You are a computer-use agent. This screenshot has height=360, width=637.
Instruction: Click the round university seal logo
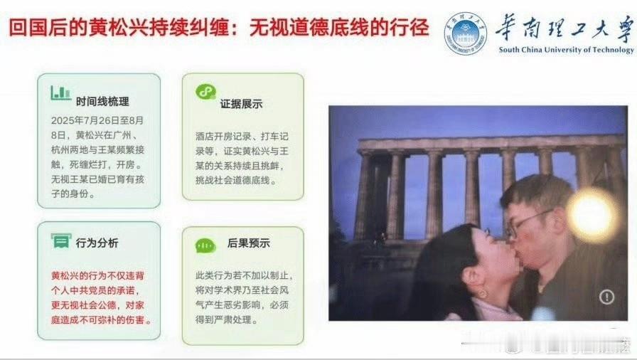tap(466, 33)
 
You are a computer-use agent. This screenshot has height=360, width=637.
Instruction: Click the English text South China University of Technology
tap(567, 50)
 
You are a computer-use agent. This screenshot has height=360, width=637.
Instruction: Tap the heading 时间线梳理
tap(102, 102)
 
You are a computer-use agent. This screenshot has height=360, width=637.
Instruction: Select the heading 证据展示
tap(241, 104)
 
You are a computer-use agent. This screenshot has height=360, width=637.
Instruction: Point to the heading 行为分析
tap(97, 243)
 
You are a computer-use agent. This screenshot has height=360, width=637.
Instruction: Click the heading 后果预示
tap(249, 243)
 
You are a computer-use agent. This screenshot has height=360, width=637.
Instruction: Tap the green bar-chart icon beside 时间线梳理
tap(61, 92)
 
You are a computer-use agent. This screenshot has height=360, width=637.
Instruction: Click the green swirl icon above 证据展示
tap(205, 91)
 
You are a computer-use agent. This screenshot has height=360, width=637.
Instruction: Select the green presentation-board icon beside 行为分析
tap(61, 240)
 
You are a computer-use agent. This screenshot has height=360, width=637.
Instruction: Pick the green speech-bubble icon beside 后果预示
tap(205, 245)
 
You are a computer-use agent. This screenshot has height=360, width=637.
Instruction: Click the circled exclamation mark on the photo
tap(607, 297)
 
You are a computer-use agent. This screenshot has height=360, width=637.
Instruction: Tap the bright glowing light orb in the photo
tap(592, 215)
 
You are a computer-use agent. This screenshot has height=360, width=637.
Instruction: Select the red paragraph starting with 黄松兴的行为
tap(101, 298)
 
